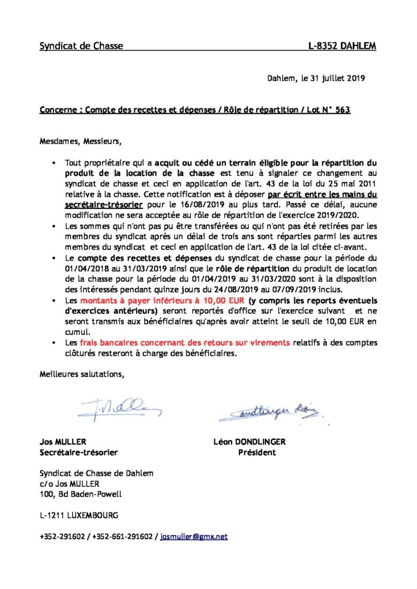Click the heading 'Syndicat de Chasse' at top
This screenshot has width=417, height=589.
point(81,46)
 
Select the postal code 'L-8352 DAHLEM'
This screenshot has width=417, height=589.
point(342,46)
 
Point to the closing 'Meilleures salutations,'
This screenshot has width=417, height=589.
point(82,374)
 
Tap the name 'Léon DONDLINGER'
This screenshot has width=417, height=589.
point(249,442)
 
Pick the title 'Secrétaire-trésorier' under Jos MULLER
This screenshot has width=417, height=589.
point(78,452)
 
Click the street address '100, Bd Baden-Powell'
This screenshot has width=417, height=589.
point(81,494)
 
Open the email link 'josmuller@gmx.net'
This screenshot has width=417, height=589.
point(194,536)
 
